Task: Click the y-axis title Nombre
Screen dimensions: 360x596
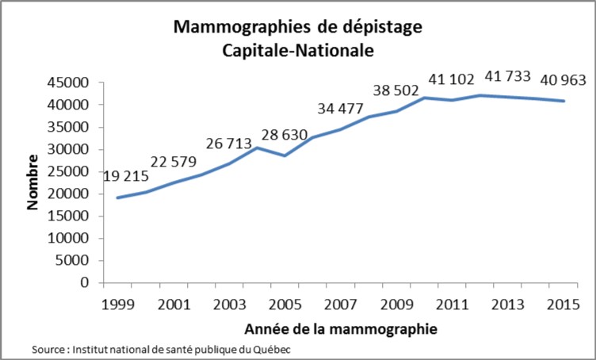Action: (33, 182)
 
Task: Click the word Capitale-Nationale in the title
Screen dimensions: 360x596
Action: (297, 49)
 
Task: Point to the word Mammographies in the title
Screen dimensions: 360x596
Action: (235, 28)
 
